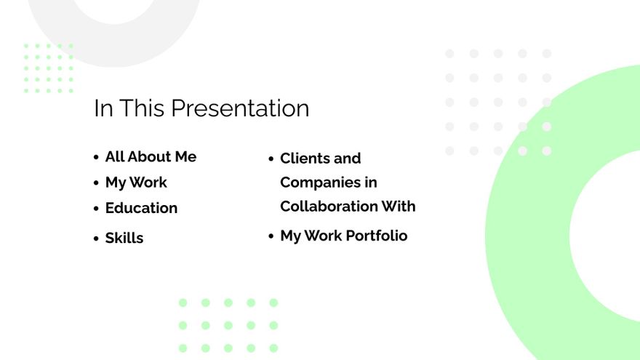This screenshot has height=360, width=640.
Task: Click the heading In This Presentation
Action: click(201, 108)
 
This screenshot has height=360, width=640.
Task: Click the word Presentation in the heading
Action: click(240, 108)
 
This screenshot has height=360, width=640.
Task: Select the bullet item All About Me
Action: click(151, 157)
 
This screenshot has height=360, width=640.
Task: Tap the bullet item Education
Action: click(141, 208)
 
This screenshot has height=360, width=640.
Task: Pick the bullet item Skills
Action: click(124, 238)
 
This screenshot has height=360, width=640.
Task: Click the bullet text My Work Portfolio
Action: click(343, 236)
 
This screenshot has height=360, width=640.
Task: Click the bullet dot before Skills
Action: click(96, 239)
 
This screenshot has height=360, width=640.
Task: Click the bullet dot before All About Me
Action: click(96, 158)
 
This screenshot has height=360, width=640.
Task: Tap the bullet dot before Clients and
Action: click(271, 159)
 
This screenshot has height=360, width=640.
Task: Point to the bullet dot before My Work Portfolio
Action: click(271, 236)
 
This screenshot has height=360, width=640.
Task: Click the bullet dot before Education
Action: click(96, 209)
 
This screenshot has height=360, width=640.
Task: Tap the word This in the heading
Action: click(143, 108)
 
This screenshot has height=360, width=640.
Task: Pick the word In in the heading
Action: click(103, 108)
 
